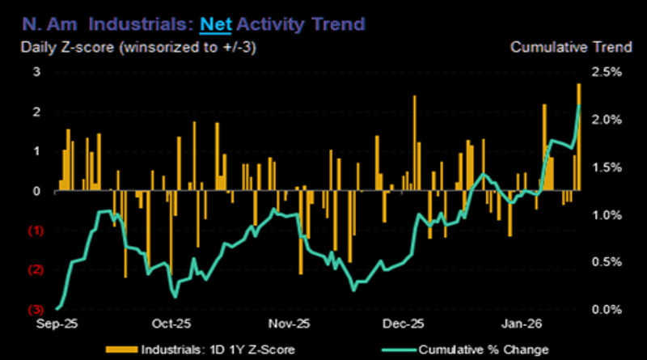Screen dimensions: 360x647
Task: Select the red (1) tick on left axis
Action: click(35, 231)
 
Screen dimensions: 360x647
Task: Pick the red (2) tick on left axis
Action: click(35, 270)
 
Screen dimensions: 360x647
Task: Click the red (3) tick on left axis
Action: click(35, 310)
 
